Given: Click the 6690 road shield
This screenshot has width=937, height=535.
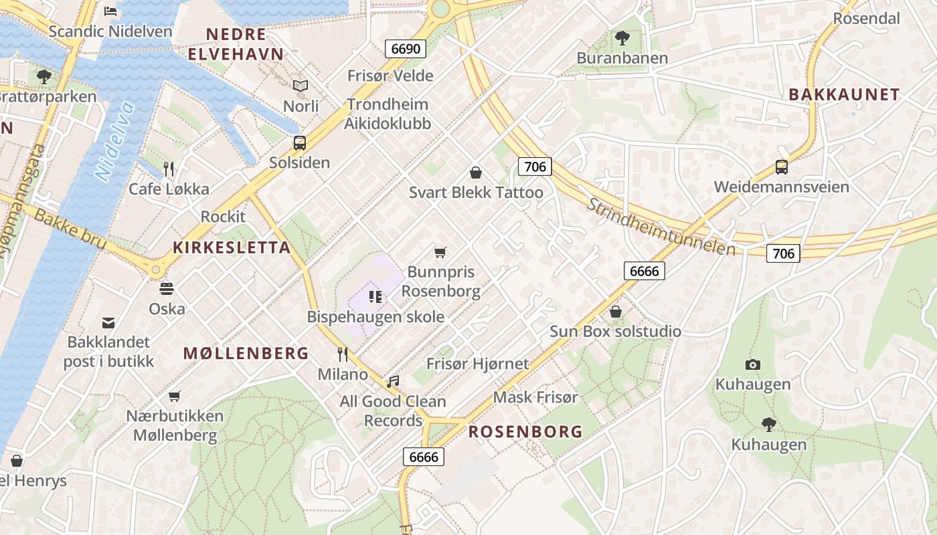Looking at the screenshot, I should coord(406,49).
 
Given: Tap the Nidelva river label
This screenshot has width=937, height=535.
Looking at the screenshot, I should coord(115,142).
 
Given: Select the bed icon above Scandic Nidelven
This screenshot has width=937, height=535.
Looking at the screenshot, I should coord(110,11).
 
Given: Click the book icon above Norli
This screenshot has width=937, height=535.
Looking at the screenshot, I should coord(301,86).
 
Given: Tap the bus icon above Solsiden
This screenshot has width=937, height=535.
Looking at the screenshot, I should coord(300,142).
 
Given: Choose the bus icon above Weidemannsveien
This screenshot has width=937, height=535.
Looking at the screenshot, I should coord(781,167).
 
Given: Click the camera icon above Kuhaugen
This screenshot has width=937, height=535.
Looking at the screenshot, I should coord(753,364).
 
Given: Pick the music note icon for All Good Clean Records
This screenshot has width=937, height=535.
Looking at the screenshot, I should coord(393,381).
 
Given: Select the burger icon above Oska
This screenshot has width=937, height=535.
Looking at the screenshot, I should coord(167,289).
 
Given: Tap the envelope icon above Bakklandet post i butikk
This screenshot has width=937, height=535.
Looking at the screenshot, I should coord(108,323).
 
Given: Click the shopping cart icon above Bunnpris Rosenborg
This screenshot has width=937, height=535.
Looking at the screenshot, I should coord(440,252).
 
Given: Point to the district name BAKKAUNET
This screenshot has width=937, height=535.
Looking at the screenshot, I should coord(844,94).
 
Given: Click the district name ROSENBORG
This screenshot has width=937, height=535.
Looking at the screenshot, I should coord(525,432).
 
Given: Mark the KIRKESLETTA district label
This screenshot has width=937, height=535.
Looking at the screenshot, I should coord(232,247).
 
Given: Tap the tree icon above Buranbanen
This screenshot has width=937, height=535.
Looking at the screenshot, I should coord(622,38).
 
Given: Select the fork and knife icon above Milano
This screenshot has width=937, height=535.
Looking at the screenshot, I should coord(343,354).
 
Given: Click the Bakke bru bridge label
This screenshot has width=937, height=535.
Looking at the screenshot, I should coord(70,229).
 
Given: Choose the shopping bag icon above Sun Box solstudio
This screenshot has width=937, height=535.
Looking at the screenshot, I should coord(615,312).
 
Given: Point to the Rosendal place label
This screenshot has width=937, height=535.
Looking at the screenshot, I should coord(866,18).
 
